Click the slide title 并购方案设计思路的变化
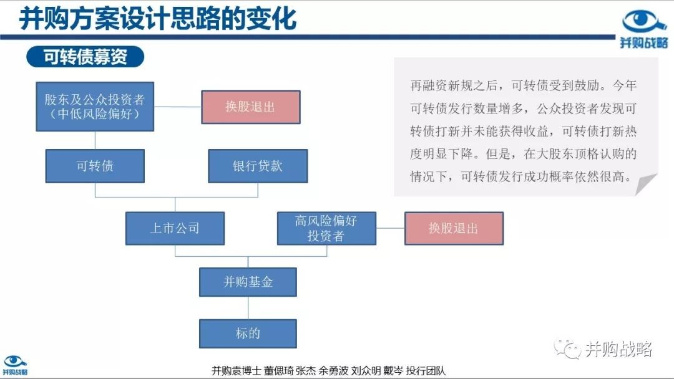(x=158, y=19)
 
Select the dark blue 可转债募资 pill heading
(x=85, y=57)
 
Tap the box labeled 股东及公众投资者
(x=95, y=107)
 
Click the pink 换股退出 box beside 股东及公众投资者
(x=251, y=107)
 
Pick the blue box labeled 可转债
(x=95, y=166)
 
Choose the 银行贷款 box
(x=258, y=166)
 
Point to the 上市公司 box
(x=175, y=228)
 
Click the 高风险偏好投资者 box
(x=326, y=228)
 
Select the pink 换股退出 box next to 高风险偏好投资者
(x=454, y=228)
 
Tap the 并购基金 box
(x=248, y=282)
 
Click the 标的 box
(x=248, y=333)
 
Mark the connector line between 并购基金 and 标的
(x=248, y=308)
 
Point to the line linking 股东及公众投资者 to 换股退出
(x=177, y=107)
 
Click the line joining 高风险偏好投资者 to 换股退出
(x=390, y=228)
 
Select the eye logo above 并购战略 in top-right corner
(x=643, y=22)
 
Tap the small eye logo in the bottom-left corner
(x=14, y=361)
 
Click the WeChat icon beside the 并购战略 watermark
(x=567, y=349)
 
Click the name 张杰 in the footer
(x=306, y=371)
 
